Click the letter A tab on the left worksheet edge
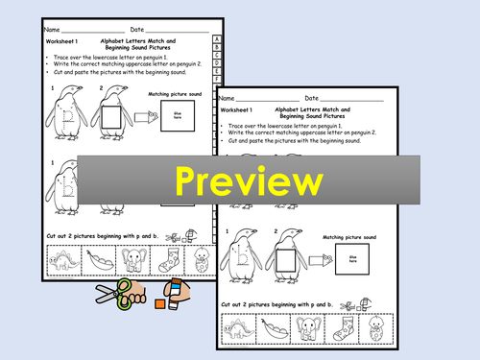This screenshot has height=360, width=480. [218, 41]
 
